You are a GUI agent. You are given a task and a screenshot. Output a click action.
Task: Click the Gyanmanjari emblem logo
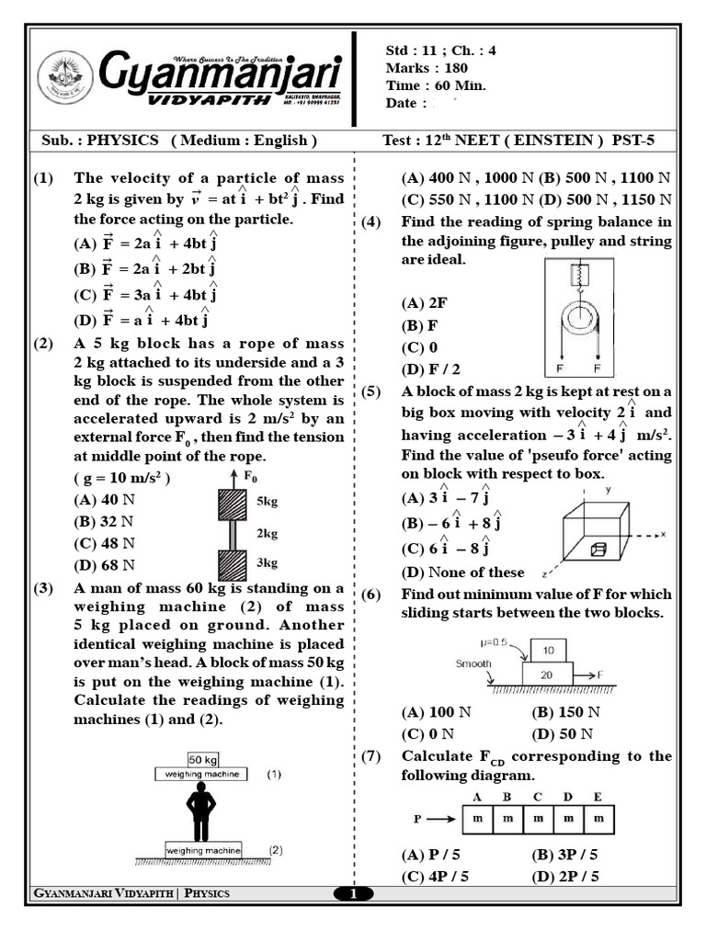(65, 76)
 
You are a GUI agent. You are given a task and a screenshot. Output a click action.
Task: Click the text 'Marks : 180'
(427, 68)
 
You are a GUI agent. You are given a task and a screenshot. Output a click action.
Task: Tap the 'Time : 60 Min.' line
(436, 85)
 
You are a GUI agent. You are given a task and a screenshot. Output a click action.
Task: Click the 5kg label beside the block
(268, 502)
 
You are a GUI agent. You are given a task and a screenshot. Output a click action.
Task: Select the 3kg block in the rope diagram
(233, 562)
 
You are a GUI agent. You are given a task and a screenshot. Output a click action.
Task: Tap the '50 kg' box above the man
(201, 759)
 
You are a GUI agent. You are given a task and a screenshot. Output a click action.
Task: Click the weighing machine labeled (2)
(203, 851)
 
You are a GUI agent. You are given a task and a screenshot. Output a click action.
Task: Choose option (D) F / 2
(431, 368)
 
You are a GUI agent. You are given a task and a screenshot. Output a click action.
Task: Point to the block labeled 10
(549, 651)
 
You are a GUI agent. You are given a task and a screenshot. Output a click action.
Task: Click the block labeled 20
(548, 674)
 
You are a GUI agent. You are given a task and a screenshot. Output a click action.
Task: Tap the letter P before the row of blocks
(418, 817)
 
